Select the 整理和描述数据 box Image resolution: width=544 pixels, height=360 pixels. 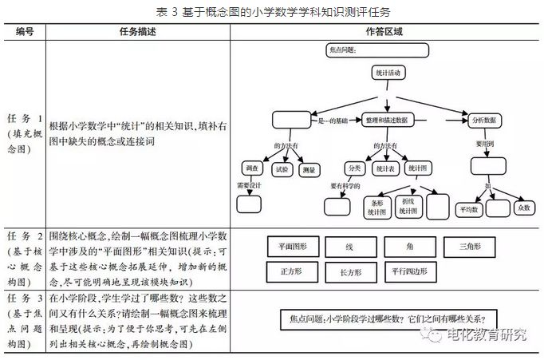387,120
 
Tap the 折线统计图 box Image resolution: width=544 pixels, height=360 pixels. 408,206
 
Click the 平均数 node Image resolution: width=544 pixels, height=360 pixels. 468,209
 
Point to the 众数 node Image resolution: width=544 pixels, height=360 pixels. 523,208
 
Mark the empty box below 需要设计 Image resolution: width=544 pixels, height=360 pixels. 248,203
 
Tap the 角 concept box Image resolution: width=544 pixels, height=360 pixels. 409,247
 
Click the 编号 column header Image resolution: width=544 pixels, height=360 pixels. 25,31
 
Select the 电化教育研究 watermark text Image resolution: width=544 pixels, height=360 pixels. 487,336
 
